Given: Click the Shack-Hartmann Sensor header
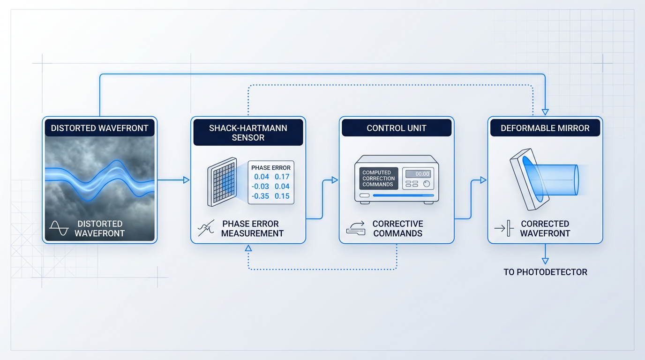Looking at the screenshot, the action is click(x=248, y=133).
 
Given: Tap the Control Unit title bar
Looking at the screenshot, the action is click(x=397, y=128).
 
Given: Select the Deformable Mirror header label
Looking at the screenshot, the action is click(x=545, y=128).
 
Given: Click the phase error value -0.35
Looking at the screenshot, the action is click(x=260, y=196).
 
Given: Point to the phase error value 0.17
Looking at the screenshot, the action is click(x=282, y=177).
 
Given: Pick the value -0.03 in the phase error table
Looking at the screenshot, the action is click(x=260, y=187).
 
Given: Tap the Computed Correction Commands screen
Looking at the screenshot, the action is click(x=379, y=179).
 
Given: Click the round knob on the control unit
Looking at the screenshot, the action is click(x=427, y=184).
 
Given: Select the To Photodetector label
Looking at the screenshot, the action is click(x=545, y=272).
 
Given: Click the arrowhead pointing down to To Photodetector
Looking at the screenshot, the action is click(x=545, y=261).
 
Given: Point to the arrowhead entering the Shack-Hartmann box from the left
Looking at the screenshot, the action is click(x=186, y=180).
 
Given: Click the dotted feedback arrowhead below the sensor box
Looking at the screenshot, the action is click(x=248, y=248).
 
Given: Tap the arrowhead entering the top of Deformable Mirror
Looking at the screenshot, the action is click(x=545, y=112).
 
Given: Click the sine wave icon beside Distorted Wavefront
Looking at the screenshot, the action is click(x=59, y=228).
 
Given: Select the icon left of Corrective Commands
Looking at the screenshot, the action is click(x=356, y=228).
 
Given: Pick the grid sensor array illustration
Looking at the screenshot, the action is click(x=222, y=182).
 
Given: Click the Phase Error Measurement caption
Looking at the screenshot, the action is click(x=252, y=229).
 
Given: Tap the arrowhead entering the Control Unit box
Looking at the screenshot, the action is click(x=335, y=180).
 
